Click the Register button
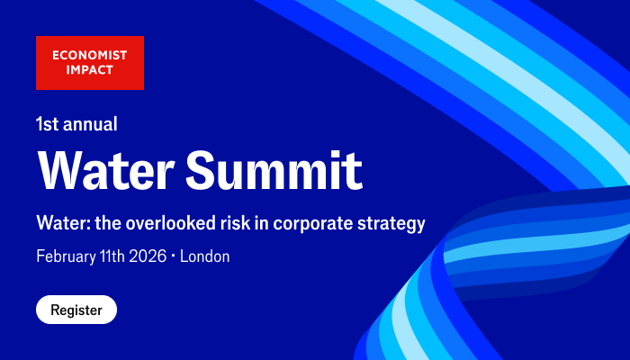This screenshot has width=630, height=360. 76,310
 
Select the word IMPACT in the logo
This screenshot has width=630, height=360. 76,71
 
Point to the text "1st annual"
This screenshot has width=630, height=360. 76,123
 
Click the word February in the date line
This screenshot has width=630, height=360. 67,256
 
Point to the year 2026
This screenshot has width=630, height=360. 148,256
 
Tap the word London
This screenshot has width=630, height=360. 205,256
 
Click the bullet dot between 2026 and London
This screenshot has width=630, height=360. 174,257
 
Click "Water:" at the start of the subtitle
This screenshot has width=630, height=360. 58,222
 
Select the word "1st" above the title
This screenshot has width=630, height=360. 48,123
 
